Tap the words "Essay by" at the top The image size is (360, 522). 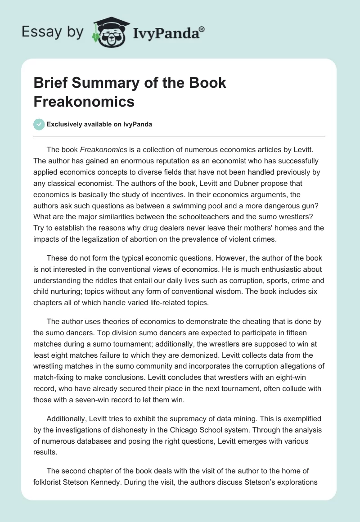click(52, 31)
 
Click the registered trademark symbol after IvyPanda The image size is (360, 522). click(202, 28)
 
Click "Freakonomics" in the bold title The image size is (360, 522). click(84, 101)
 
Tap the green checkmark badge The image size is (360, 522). click(39, 125)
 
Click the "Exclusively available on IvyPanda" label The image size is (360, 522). click(100, 125)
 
